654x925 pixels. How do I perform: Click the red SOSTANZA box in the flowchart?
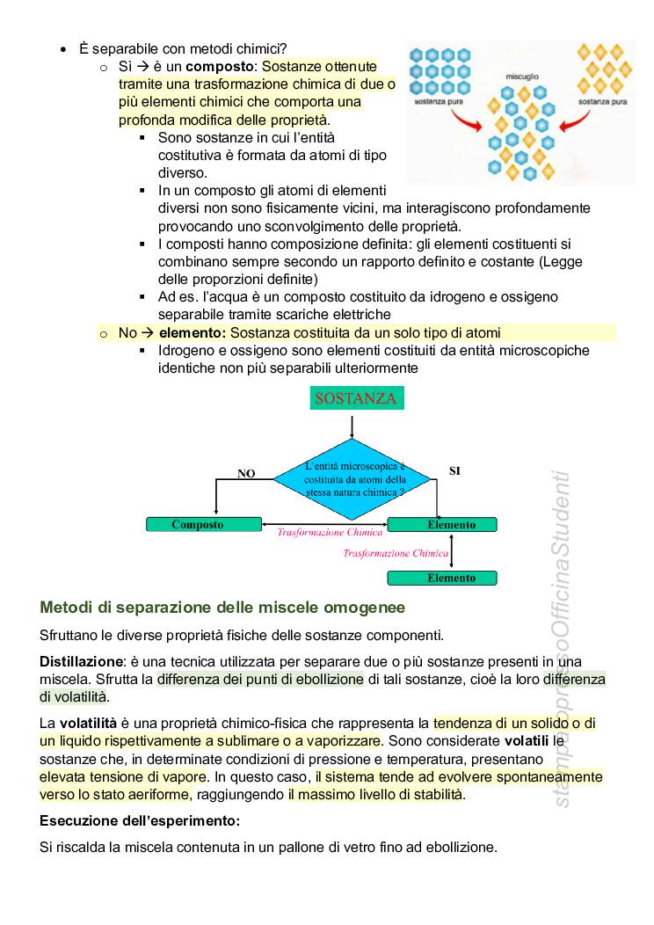[x=355, y=398]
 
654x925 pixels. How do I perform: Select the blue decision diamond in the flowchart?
[x=353, y=480]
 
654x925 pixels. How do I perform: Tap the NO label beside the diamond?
[x=246, y=473]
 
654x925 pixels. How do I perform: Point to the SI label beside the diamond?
[x=454, y=470]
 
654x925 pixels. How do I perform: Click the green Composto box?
[x=204, y=525]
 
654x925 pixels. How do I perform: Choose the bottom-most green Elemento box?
[x=442, y=578]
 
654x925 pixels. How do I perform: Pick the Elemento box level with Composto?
[x=442, y=525]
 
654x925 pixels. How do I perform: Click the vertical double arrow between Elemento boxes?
[x=450, y=552]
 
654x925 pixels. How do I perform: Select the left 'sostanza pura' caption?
[x=441, y=102]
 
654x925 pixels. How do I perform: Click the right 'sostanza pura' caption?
[x=603, y=102]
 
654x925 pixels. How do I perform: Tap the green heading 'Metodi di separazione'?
[x=222, y=607]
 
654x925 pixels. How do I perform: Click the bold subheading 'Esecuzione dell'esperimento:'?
[x=140, y=821]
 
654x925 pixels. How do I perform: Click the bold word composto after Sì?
[x=220, y=67]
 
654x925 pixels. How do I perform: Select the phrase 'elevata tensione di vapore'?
[x=123, y=777]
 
